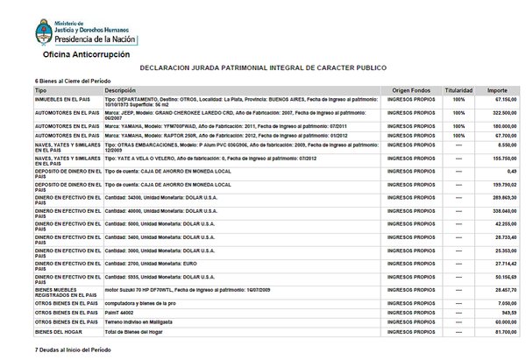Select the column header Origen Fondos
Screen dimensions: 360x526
(410, 90)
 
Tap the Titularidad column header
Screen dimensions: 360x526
(458, 90)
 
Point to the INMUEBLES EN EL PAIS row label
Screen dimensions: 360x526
(60, 101)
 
